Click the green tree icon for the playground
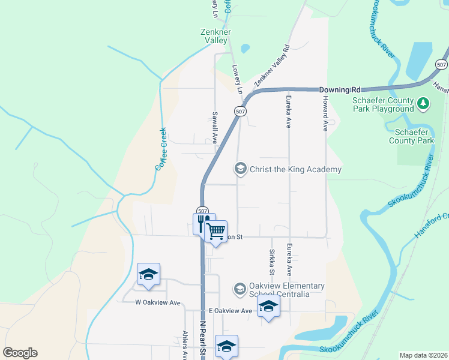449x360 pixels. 424,104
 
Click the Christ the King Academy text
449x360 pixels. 295,169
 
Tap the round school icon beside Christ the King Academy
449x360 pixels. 241,169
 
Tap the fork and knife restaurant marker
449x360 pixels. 203,223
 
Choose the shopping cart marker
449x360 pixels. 217,230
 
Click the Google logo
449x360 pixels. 20,353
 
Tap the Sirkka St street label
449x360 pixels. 272,262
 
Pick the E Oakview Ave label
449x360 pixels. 231,311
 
